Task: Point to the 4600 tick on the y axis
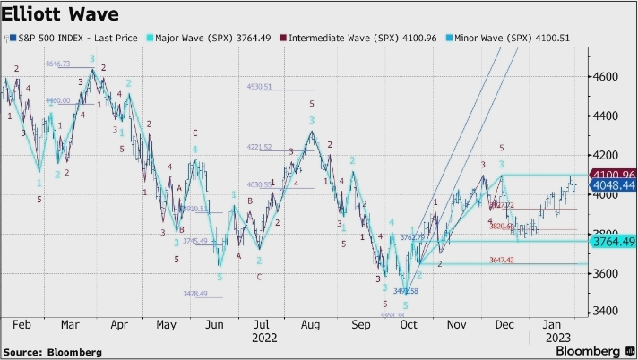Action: click(x=608, y=77)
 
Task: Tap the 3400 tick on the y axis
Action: click(x=608, y=312)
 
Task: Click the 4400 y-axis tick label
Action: click(x=608, y=116)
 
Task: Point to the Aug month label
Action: click(x=310, y=326)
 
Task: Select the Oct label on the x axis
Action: click(x=409, y=326)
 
